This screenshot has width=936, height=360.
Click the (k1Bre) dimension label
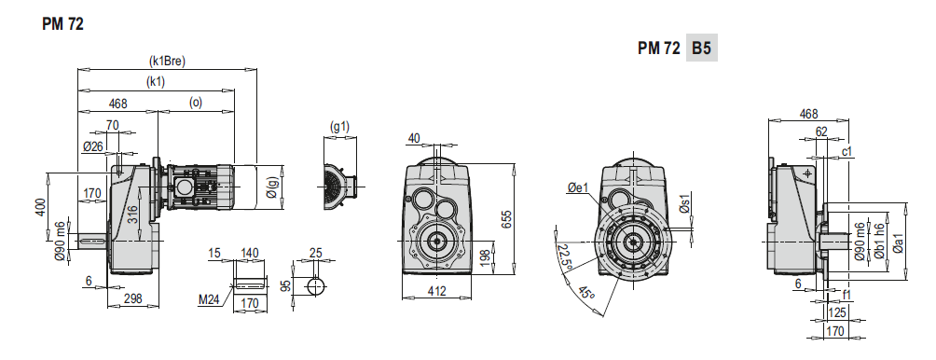[x=167, y=61]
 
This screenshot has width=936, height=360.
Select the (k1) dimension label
[x=156, y=82]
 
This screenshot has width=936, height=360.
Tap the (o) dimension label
[x=196, y=103]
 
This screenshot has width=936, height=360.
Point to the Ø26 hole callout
[x=92, y=145]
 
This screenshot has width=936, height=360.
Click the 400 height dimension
[x=40, y=207]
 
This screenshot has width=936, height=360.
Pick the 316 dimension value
[x=133, y=215]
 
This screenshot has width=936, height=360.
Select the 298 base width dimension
[x=132, y=298]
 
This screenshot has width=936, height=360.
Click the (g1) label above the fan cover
[x=339, y=126]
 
